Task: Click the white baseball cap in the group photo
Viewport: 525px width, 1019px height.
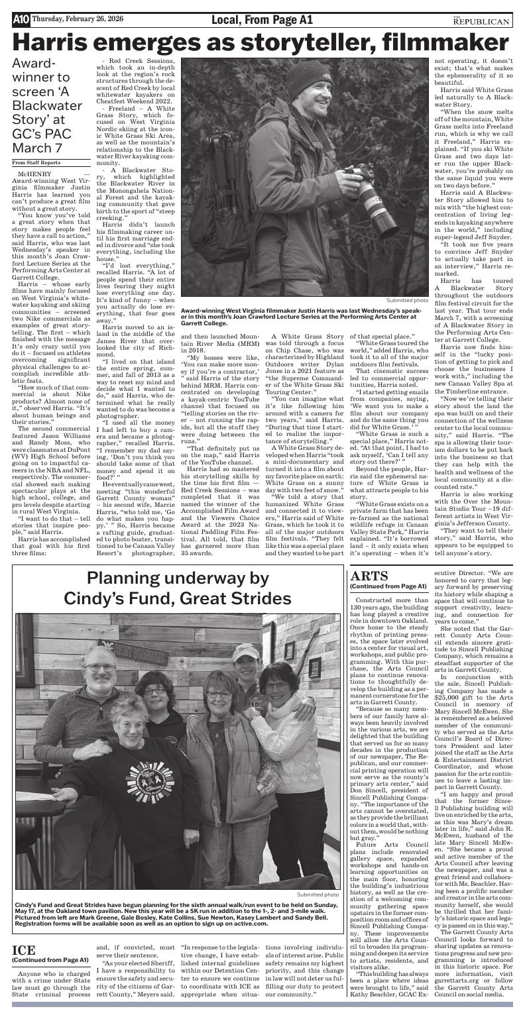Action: pos(245,653)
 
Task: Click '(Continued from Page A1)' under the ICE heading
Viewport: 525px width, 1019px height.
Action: pos(50,959)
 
